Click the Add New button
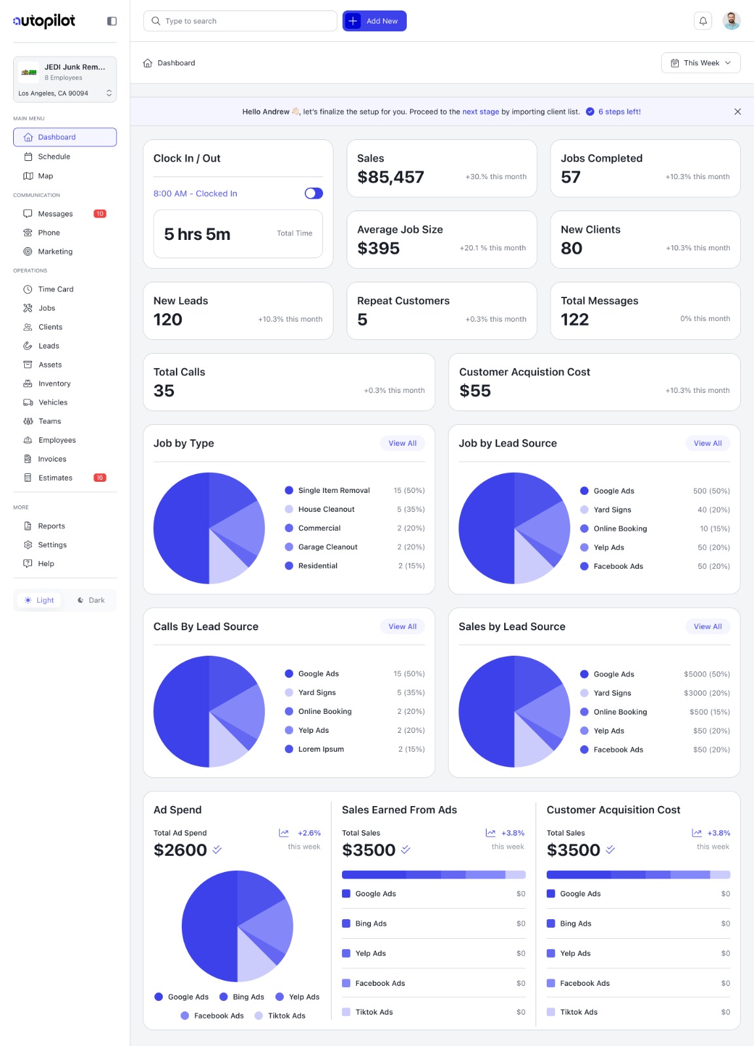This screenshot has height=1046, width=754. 374,21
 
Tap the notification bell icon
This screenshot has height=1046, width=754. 703,21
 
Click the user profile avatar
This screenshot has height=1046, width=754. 731,21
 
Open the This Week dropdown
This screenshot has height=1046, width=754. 700,63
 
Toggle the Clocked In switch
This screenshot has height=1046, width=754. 314,194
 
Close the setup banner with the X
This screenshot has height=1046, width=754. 738,112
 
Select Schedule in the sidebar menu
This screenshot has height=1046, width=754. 54,157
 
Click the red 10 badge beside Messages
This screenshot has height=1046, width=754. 100,214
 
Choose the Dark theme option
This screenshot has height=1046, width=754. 91,600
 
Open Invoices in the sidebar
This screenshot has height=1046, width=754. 52,459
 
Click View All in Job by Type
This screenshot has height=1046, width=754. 402,443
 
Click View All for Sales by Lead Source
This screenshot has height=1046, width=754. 708,626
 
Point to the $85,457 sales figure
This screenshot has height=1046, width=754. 390,177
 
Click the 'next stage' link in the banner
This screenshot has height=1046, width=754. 481,112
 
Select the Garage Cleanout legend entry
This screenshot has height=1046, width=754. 328,547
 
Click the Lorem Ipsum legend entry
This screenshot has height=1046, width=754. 320,749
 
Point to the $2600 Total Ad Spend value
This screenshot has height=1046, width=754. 180,850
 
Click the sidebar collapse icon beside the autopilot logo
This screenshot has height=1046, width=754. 112,21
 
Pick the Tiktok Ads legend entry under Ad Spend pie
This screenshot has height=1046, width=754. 286,1016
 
